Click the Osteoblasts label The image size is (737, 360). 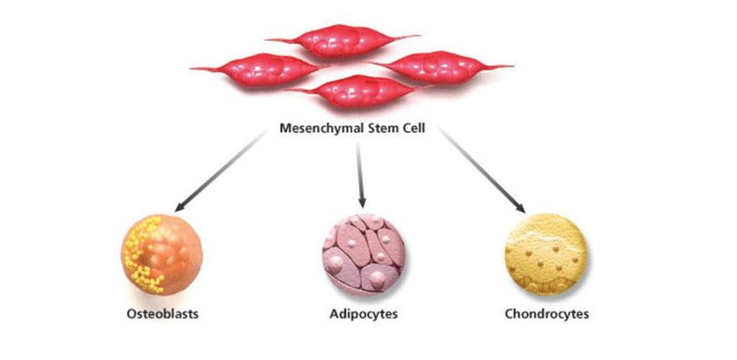click(x=163, y=314)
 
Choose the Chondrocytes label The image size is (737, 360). click(x=546, y=314)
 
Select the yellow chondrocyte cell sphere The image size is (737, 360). click(x=546, y=255)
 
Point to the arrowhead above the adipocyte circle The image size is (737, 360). click(x=361, y=201)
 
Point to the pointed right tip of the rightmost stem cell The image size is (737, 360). click(x=512, y=65)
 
